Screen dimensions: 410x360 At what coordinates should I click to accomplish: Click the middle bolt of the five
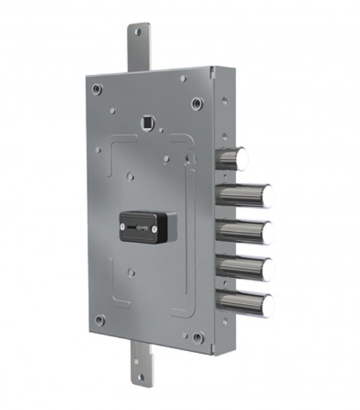[244, 232]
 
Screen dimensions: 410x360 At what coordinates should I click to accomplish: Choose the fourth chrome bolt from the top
[244, 268]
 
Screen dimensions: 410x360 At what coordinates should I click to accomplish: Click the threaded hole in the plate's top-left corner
[98, 88]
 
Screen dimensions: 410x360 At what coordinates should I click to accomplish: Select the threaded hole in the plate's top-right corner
[197, 103]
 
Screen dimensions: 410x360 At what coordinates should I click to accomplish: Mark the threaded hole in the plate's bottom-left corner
[100, 320]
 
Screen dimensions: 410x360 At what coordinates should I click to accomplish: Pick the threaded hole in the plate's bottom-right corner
[197, 337]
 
